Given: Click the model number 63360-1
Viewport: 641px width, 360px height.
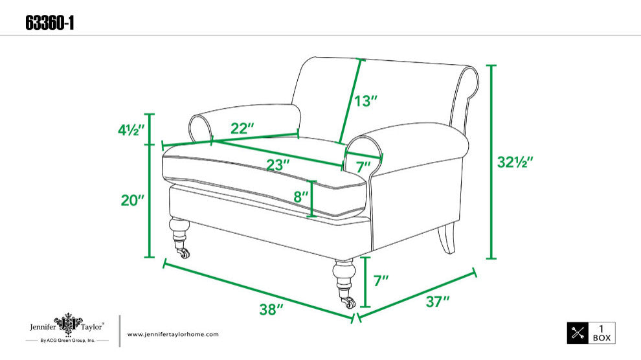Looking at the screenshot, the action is click(x=49, y=23).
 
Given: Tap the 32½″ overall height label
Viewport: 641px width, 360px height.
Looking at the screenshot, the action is click(x=515, y=163).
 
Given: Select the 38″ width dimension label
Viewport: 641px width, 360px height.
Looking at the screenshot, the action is click(x=271, y=309).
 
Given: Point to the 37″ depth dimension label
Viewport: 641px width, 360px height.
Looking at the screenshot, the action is click(x=437, y=302).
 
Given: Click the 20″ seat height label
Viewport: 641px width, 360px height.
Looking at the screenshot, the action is click(x=133, y=200).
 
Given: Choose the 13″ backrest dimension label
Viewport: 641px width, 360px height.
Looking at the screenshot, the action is click(x=365, y=101).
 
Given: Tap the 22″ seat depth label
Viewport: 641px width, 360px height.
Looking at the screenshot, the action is click(x=242, y=128).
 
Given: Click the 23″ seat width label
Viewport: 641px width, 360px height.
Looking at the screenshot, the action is click(x=278, y=164).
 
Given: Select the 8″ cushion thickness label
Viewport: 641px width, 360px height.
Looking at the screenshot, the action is click(x=300, y=197).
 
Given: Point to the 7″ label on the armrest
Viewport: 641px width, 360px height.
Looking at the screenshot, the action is click(x=363, y=166).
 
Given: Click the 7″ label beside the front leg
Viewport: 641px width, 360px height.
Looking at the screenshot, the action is click(x=381, y=281).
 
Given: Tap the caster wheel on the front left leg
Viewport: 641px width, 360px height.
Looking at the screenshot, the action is click(x=183, y=253).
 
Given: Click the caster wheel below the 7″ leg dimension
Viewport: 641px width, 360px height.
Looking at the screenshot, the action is click(x=348, y=302).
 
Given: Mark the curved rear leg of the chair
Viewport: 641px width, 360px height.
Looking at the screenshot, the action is click(x=446, y=238).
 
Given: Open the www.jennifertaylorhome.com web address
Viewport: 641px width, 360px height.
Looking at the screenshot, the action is click(x=173, y=334).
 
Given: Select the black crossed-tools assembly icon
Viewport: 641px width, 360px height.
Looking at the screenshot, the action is click(x=578, y=333).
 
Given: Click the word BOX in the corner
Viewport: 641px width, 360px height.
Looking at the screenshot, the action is click(x=602, y=338).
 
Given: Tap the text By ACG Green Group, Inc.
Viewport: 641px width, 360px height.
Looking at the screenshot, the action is click(x=67, y=341).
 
